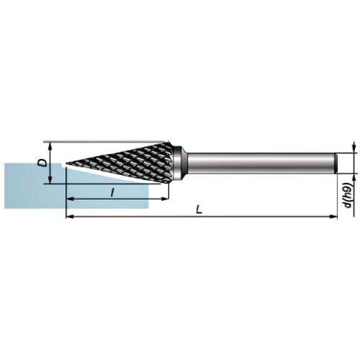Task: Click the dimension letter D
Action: click(x=43, y=163)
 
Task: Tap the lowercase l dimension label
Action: click(x=112, y=192)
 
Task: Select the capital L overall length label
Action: click(x=199, y=210)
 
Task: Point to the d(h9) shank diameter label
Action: click(x=348, y=196)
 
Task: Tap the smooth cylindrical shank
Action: click(x=262, y=163)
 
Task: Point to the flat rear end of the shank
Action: click(x=336, y=163)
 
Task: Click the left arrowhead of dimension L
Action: click(x=69, y=217)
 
